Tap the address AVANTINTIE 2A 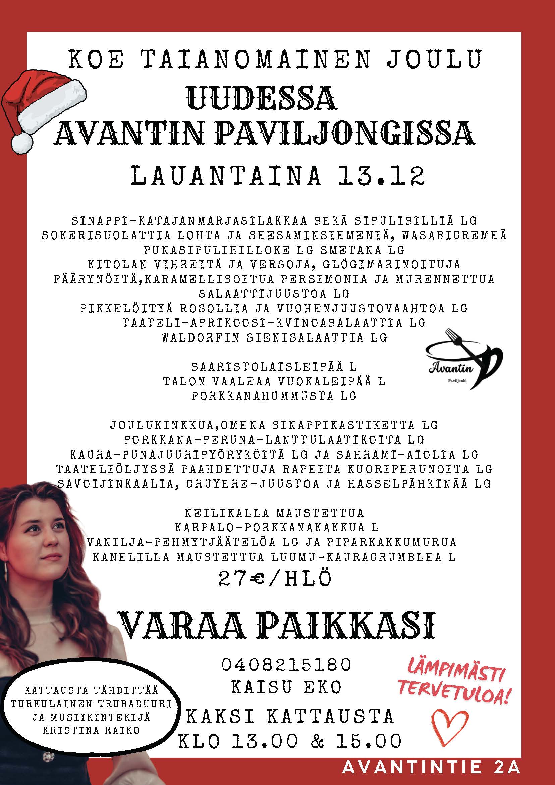431,767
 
